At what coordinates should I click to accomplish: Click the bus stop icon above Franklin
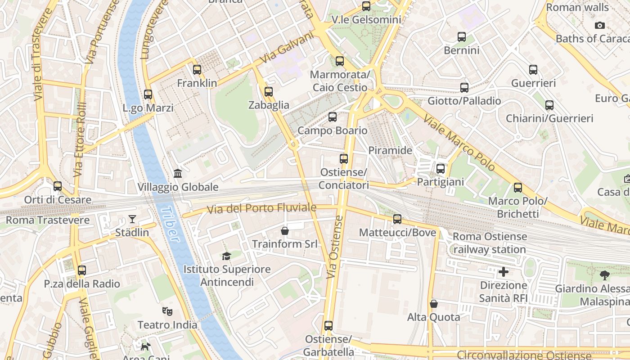197,70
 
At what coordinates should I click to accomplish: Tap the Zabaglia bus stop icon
269,92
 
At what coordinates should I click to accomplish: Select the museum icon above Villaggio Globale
178,174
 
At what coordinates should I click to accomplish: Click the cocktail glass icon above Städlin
132,219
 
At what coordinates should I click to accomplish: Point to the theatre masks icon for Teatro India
167,311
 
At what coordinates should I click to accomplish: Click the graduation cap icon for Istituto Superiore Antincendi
226,256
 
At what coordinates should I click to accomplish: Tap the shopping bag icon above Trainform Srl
284,231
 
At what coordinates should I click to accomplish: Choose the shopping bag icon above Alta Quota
433,304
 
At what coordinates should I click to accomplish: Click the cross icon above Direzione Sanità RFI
503,272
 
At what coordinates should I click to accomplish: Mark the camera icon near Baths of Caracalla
599,26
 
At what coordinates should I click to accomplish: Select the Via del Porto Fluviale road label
261,208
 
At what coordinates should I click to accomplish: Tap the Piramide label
390,150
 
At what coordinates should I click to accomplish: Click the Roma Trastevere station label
47,220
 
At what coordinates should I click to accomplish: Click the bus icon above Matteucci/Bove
397,219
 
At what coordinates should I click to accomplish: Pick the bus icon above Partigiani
440,169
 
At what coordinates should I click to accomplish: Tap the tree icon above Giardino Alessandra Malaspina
604,275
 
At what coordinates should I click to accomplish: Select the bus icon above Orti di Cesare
58,186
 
